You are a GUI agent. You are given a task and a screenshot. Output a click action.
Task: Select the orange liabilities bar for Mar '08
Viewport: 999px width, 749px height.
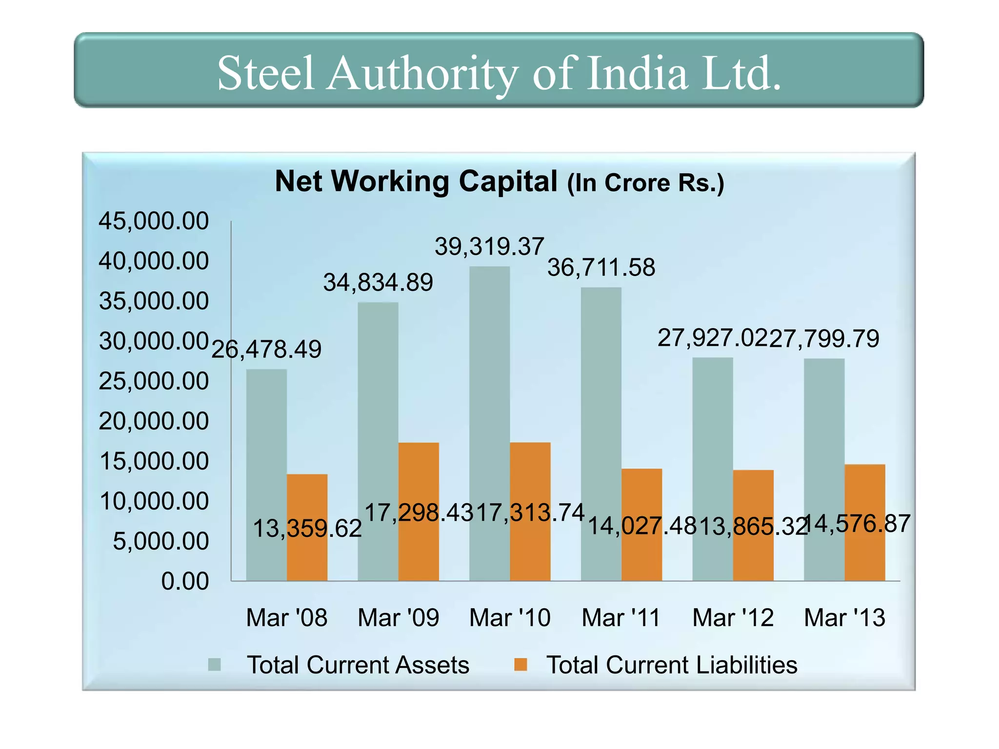[307, 527]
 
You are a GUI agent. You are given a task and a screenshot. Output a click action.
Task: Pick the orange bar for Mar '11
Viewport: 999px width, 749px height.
[641, 525]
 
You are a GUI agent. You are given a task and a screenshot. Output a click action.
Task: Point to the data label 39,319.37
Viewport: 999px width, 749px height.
[489, 246]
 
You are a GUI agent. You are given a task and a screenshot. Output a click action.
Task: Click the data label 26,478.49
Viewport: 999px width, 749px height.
[266, 349]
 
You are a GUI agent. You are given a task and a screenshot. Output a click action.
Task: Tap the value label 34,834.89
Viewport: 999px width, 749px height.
[378, 282]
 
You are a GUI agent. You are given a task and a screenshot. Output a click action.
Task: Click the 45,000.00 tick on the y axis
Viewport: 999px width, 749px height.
[154, 221]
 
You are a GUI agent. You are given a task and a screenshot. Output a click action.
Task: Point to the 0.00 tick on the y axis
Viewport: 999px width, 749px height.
[185, 581]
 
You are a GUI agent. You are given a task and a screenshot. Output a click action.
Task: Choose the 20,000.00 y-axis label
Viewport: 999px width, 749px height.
[154, 421]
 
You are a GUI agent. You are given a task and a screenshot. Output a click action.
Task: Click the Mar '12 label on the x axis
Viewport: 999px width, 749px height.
[733, 618]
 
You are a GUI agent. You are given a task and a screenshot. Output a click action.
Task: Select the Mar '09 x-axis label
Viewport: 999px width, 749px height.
[398, 618]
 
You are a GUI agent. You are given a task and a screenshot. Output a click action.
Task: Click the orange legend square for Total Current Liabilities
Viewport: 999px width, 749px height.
[521, 665]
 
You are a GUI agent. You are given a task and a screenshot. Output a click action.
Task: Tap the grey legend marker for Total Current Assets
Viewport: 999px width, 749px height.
[215, 665]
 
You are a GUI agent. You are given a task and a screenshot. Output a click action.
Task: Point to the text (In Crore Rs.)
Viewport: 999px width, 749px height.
[645, 183]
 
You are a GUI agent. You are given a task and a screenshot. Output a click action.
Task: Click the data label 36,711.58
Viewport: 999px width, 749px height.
[601, 268]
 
